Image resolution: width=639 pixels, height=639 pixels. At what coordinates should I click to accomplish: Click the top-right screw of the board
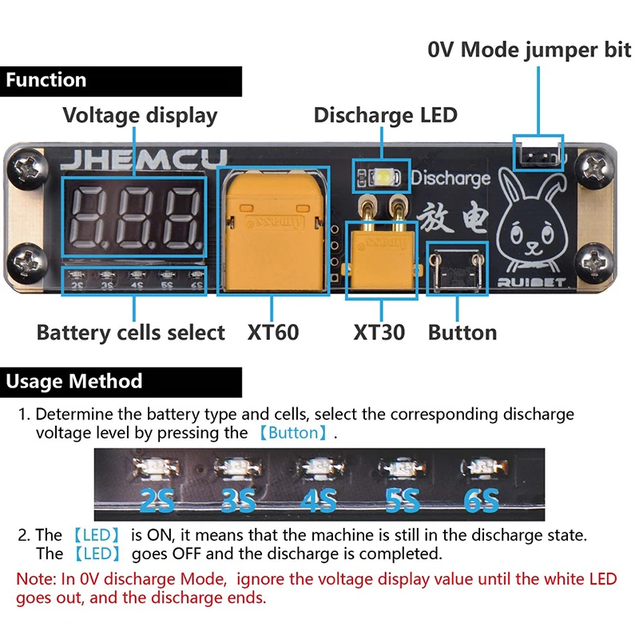click(x=593, y=166)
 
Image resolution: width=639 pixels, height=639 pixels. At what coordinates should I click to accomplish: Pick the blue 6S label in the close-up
click(x=481, y=501)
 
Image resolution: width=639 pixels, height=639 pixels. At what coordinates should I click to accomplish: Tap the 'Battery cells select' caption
click(x=131, y=332)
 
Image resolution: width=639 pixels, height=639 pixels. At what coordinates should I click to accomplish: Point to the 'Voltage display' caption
click(x=140, y=115)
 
